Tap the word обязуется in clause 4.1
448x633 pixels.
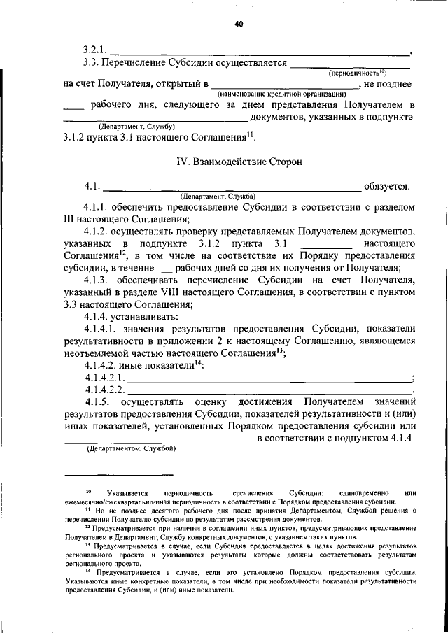(x=386, y=186)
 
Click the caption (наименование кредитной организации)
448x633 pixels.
(x=282, y=94)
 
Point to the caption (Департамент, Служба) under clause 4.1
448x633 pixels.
(x=218, y=196)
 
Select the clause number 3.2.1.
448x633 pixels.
(x=94, y=50)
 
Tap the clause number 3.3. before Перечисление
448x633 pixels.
(x=91, y=62)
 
